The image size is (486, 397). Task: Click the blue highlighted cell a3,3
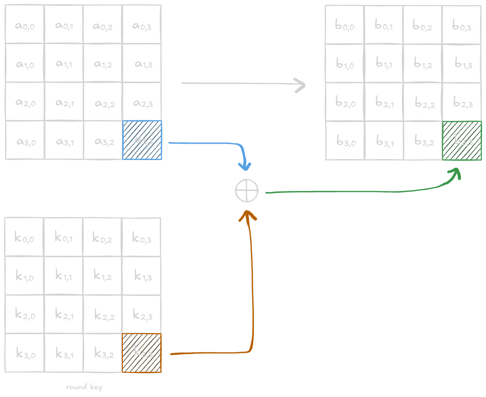click(142, 140)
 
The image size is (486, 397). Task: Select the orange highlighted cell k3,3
click(141, 353)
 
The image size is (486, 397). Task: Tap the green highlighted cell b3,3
click(462, 141)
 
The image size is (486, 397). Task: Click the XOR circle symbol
click(247, 191)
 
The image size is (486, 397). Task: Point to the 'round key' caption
click(84, 387)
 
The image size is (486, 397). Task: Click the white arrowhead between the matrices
click(301, 86)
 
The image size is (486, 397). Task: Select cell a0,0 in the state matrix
click(25, 25)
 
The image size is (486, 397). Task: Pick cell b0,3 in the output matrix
click(462, 25)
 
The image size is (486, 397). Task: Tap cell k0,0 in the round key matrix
click(24, 237)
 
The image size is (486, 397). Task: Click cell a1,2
click(103, 63)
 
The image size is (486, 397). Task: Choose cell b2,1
click(384, 102)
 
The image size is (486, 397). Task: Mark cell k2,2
click(103, 315)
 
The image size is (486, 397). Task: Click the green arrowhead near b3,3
click(456, 174)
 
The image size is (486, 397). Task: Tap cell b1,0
click(345, 63)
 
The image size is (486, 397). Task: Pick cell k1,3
click(142, 276)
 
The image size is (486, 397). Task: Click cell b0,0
click(345, 25)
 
